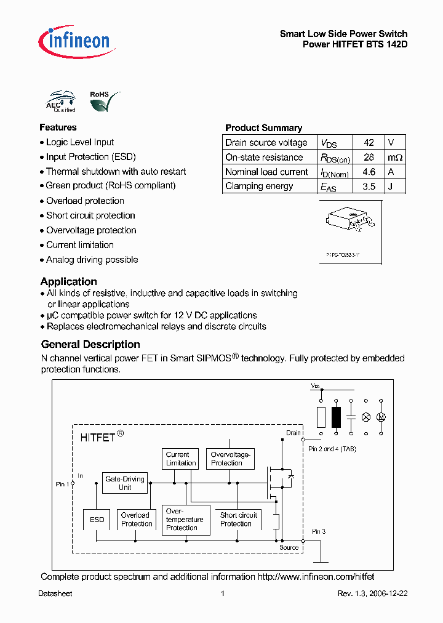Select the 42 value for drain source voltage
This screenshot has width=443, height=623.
point(369,142)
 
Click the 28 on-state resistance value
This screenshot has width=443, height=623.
point(369,157)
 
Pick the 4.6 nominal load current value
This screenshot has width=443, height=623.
point(369,172)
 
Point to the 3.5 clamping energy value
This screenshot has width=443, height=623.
point(369,186)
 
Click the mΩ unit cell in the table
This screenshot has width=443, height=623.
point(395,157)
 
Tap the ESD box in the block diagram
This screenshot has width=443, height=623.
point(97,520)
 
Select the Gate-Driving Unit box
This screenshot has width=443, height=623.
point(125,483)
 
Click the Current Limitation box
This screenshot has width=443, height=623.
point(181,459)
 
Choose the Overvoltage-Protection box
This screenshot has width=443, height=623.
point(229,459)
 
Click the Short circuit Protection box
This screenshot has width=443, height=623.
point(238,520)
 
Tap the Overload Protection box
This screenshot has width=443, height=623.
point(136,520)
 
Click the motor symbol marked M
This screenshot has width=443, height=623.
point(381,417)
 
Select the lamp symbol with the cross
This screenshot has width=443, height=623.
point(365,417)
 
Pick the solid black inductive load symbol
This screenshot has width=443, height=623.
point(336,417)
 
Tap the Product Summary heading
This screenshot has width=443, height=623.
point(263,128)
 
